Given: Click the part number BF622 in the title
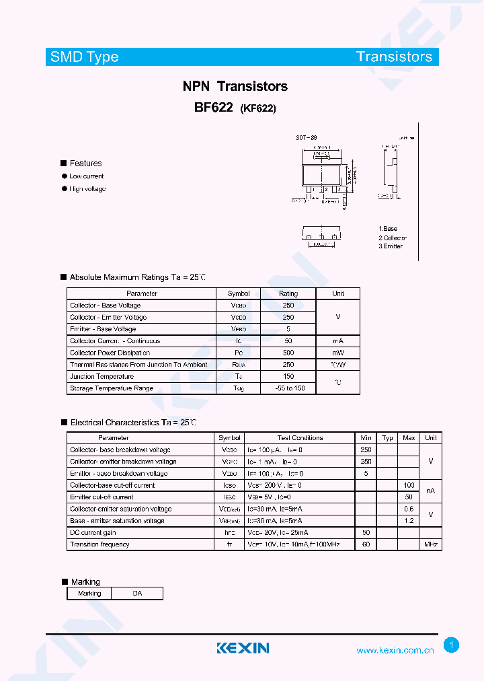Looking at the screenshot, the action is coord(213,107).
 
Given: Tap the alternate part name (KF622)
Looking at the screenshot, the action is coord(258,108).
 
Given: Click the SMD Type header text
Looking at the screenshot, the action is coord(84,57).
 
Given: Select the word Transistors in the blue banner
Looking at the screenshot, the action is coord(394,57).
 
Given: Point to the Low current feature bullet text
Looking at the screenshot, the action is coord(87,176).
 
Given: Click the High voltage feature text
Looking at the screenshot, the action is coord(87,189).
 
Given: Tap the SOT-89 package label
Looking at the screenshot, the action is coord(307,138).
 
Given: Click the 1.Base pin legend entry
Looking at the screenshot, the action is coord(388,229).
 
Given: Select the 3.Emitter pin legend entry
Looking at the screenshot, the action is coord(391,246).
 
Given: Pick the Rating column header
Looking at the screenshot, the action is coord(288,293).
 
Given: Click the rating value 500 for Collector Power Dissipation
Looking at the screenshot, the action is coord(288,353).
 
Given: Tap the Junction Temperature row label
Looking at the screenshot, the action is coord(102,376).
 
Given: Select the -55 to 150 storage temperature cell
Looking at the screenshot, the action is coord(289,388).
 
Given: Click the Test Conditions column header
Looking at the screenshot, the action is coord(300,438).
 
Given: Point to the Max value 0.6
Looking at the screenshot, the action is coord(409,509).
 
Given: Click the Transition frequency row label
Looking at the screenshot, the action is coord(99,544).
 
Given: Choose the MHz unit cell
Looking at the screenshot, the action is coord(431,544).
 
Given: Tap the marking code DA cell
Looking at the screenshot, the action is coord(137,594).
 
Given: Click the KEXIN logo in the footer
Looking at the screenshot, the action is coord(243,648).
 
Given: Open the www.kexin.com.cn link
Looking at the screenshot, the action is coord(395,651).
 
